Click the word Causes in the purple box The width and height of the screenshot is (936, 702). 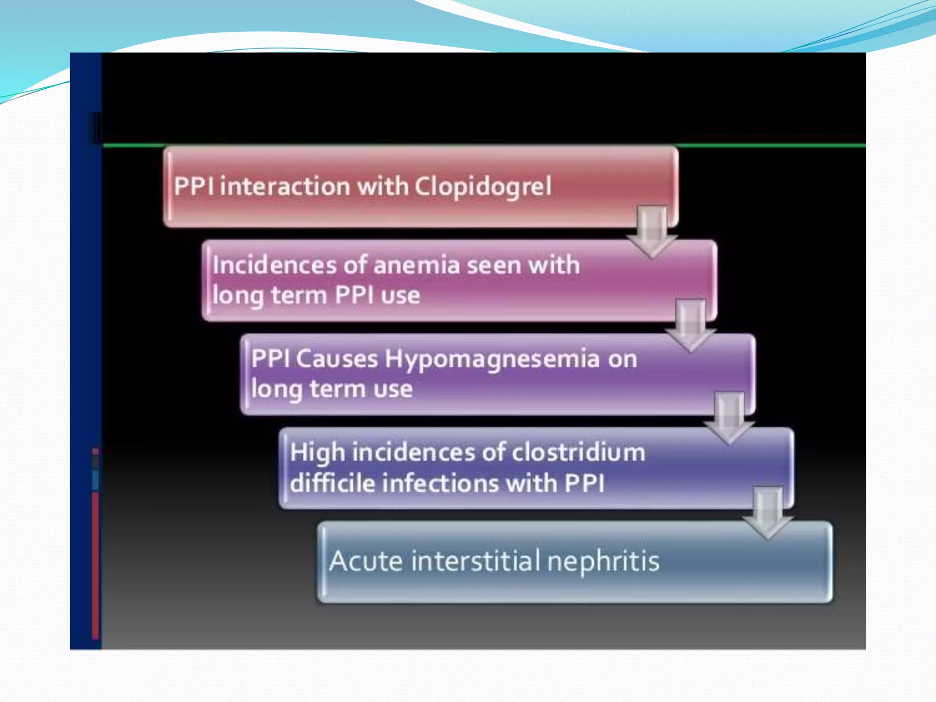(337, 358)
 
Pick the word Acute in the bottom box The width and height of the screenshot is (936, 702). (366, 561)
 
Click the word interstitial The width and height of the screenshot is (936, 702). (472, 561)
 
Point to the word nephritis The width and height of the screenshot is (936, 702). (603, 561)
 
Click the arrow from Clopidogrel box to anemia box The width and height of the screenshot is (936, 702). (652, 231)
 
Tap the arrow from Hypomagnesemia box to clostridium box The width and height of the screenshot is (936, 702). (729, 418)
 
